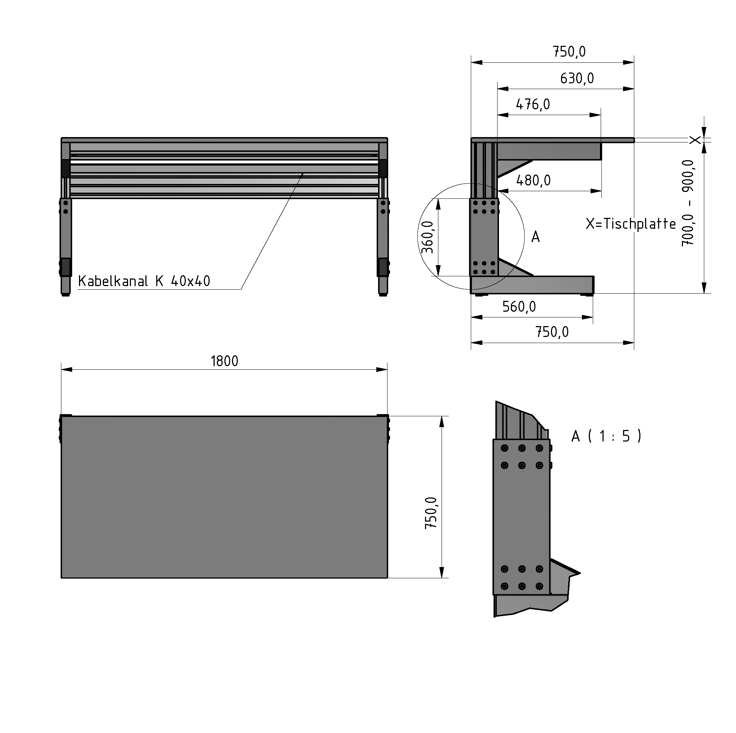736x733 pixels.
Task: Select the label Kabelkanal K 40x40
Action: point(144,281)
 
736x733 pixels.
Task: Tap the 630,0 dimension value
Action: point(577,79)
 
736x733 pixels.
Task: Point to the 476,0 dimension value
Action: point(533,104)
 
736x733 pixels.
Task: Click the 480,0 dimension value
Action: point(533,181)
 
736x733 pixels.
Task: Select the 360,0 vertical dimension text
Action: point(428,237)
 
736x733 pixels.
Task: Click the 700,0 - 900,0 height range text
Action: point(688,203)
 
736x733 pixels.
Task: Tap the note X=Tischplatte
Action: point(631,224)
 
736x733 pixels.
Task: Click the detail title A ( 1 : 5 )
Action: point(606,436)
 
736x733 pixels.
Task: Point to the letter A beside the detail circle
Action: point(535,237)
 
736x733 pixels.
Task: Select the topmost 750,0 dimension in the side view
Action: point(569,52)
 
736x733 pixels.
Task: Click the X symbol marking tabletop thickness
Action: point(695,140)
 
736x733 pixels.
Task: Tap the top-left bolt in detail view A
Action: point(505,448)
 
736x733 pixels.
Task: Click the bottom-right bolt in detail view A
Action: point(539,586)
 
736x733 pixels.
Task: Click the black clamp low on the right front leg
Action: point(382,267)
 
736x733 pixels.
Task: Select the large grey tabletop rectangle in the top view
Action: point(224,497)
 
